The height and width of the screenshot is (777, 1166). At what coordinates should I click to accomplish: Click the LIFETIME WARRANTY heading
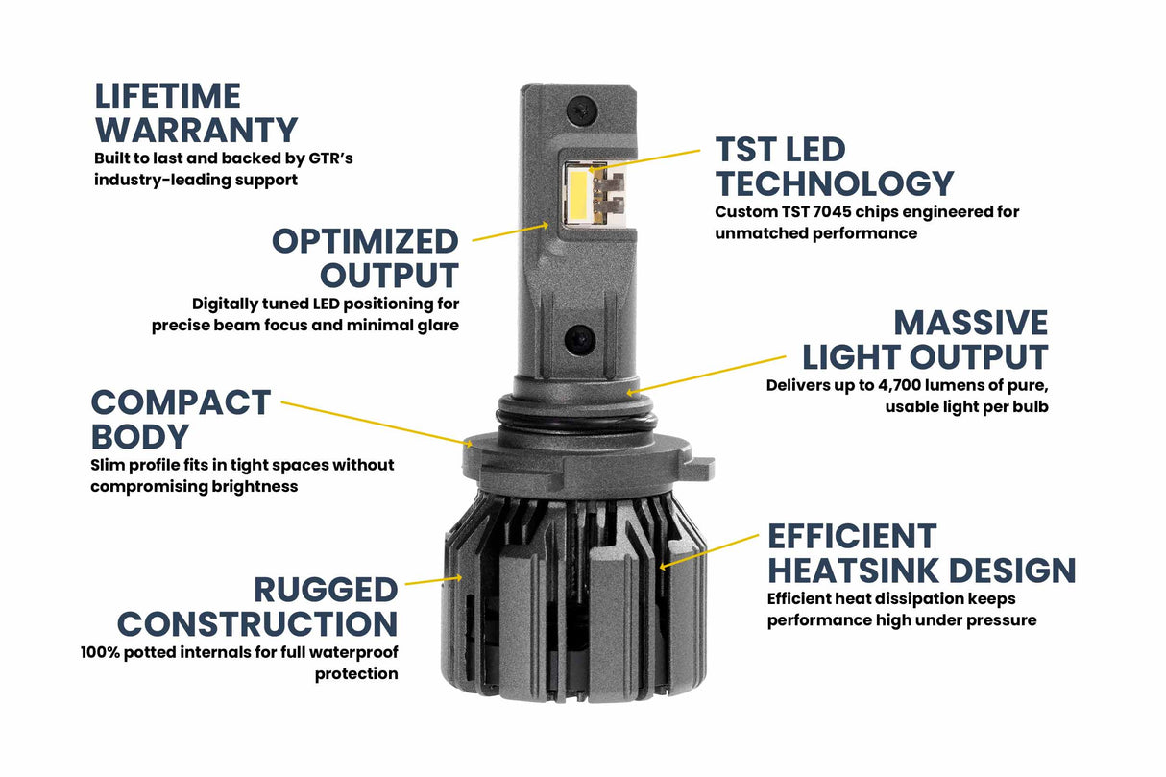196,112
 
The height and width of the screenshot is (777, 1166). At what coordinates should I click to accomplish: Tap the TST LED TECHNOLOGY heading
834,166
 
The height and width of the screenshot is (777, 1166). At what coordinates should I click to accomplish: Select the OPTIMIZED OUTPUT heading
365,257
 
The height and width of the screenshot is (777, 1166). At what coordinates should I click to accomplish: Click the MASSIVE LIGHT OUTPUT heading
925,339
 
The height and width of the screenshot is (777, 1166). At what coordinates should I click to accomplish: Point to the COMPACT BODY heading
181,419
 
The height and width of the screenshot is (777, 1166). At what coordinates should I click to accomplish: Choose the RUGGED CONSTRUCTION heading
257,606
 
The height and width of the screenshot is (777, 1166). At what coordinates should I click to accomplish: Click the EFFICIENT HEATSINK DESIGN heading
921,553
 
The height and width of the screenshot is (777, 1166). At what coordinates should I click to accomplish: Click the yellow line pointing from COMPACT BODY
375,424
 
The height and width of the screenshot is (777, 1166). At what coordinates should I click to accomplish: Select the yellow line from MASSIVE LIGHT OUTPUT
710,373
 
